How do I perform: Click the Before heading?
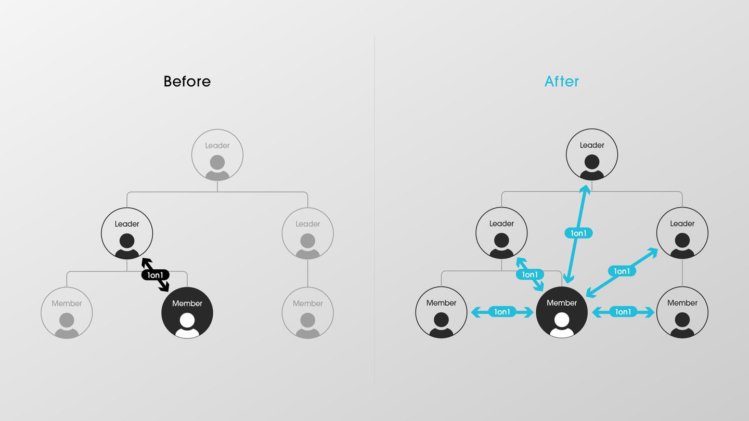[187, 81]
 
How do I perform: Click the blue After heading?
[562, 81]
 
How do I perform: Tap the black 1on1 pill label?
[155, 275]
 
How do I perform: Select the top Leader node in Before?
[217, 155]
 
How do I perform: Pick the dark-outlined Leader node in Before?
[127, 233]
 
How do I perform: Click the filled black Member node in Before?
[187, 313]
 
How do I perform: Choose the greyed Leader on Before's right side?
[307, 233]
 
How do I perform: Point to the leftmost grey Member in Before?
[67, 313]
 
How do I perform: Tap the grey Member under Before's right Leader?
[307, 313]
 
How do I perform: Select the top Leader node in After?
[592, 155]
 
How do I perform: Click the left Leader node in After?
[501, 233]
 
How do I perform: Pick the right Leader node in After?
[682, 233]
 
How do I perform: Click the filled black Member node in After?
[562, 312]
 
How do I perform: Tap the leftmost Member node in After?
[442, 312]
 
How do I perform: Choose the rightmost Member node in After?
[682, 312]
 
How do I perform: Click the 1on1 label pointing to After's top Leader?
[578, 233]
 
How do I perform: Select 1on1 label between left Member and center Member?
[502, 312]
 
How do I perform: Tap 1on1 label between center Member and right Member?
[623, 312]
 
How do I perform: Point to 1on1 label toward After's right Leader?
[622, 271]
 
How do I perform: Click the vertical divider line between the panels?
[374, 210]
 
